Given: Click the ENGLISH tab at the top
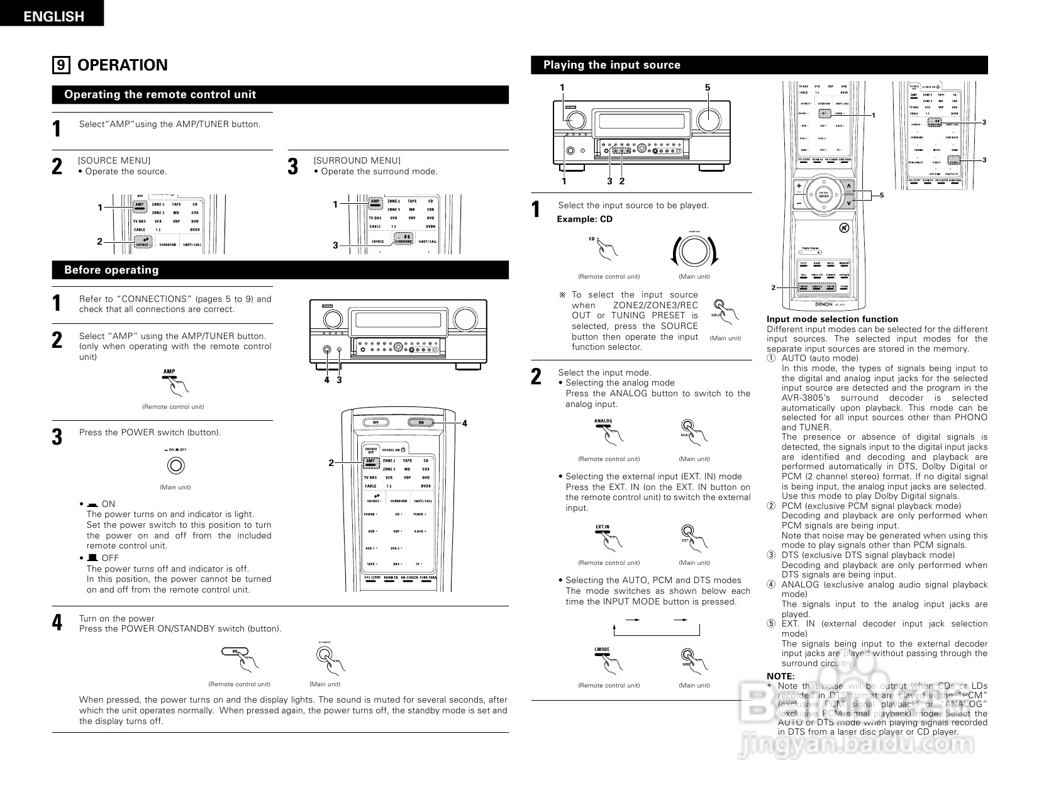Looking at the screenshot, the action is pyautogui.click(x=53, y=16).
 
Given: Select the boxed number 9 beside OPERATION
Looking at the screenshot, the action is pyautogui.click(x=60, y=65).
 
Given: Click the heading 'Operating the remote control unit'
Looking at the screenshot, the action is pyautogui.click(x=160, y=95).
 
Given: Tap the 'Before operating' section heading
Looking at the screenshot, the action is pyautogui.click(x=111, y=270).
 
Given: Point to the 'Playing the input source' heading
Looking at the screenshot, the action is pyautogui.click(x=611, y=65).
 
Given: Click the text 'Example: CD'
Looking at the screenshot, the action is pyautogui.click(x=584, y=220).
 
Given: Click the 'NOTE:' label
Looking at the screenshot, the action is pyautogui.click(x=780, y=676).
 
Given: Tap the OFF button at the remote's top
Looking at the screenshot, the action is pyautogui.click(x=375, y=422).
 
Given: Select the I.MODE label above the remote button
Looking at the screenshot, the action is pyautogui.click(x=602, y=649).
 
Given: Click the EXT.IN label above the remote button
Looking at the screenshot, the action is pyautogui.click(x=602, y=526).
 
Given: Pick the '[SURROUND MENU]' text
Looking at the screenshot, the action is pyautogui.click(x=357, y=161).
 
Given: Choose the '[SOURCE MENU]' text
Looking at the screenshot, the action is pyautogui.click(x=114, y=161).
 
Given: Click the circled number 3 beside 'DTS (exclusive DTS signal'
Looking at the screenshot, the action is pyautogui.click(x=771, y=555).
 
